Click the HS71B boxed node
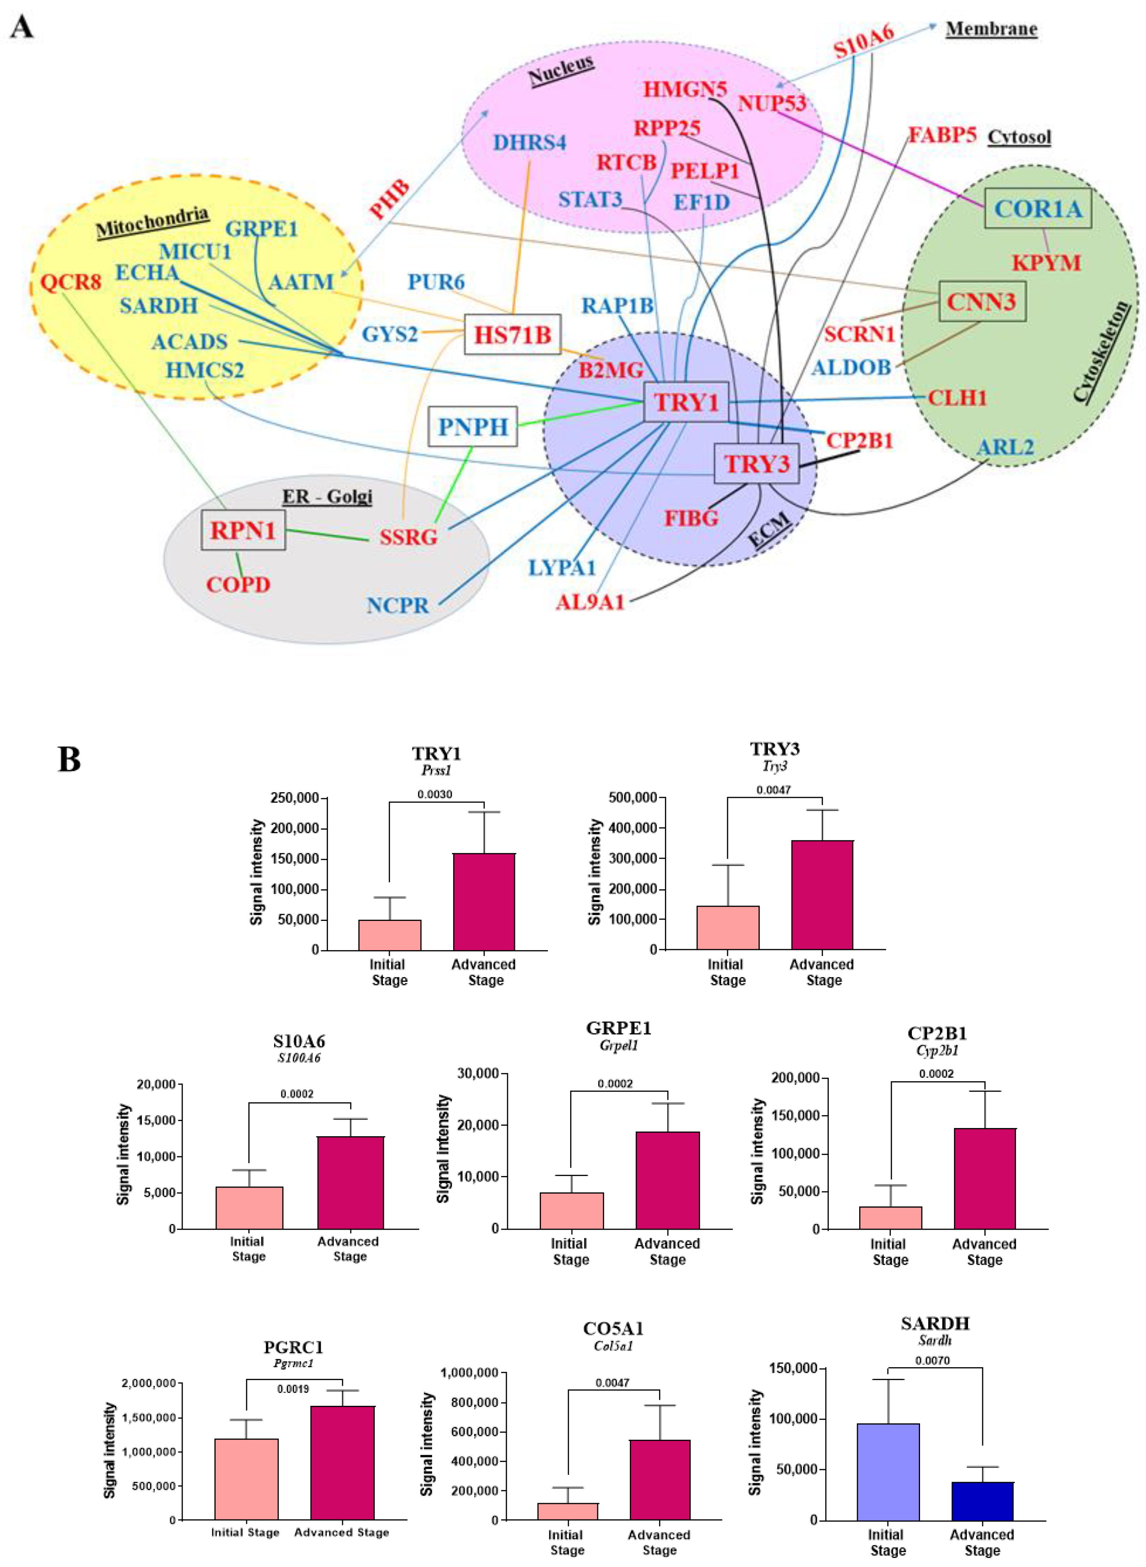click(x=512, y=335)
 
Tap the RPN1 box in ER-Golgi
click(x=243, y=531)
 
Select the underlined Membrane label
click(x=991, y=29)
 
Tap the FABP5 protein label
click(x=942, y=135)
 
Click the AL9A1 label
click(x=590, y=602)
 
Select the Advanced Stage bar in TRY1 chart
click(x=484, y=901)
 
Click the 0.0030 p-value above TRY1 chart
click(x=435, y=794)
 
